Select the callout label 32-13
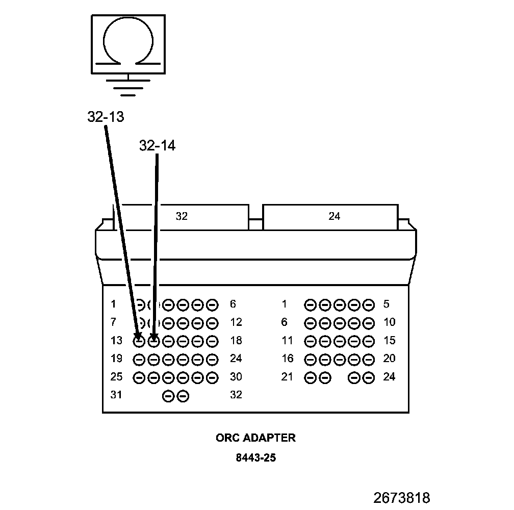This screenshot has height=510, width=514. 106,117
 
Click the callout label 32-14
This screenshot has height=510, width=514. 157,146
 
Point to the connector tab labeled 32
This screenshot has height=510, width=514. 182,216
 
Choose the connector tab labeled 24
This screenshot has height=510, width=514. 334,216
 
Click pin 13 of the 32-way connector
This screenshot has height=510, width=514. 139,341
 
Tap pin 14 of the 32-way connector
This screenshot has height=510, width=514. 153,341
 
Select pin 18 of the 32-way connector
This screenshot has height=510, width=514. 213,341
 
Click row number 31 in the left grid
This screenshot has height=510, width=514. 117,395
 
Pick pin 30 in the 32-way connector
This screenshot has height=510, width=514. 213,377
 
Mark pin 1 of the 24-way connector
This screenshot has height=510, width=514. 310,305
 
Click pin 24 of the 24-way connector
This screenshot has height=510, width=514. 369,377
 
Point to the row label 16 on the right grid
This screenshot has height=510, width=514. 288,359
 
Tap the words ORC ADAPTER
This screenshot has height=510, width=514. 255,438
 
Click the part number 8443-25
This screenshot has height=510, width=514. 255,457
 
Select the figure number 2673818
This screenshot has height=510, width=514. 402,497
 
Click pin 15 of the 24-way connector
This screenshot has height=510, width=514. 369,341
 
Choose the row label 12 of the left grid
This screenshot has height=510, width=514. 236,322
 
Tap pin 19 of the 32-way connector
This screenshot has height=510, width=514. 139,359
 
